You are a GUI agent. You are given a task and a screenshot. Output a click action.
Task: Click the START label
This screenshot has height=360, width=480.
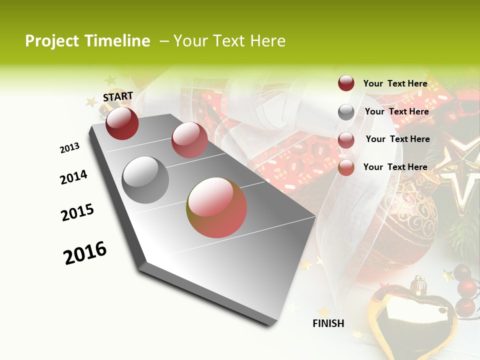(x=118, y=96)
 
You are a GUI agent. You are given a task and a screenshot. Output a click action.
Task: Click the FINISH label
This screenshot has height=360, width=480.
(x=328, y=323)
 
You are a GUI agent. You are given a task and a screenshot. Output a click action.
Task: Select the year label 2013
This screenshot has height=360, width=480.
(x=69, y=148)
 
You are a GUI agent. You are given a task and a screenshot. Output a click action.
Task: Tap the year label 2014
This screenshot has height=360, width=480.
(x=73, y=177)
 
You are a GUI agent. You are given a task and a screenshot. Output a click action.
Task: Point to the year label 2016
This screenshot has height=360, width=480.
(x=85, y=253)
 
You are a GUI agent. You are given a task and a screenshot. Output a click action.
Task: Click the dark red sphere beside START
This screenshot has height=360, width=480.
(x=122, y=123)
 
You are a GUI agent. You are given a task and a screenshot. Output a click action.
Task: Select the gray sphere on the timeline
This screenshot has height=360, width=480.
(x=145, y=179)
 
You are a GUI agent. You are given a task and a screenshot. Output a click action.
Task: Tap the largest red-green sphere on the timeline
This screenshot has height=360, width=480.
(x=216, y=207)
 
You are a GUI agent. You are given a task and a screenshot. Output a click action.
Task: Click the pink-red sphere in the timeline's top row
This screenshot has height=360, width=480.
(x=189, y=140)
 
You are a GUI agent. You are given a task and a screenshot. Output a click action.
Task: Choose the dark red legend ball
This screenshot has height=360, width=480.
(x=346, y=83)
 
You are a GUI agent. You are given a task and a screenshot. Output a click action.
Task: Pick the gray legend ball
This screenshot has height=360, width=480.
(x=346, y=112)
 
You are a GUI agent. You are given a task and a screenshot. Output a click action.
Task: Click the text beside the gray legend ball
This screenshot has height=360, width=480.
(x=396, y=111)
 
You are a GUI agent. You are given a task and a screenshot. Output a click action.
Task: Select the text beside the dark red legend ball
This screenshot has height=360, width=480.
(x=395, y=83)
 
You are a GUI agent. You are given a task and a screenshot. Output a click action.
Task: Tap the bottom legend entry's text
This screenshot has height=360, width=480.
(x=395, y=167)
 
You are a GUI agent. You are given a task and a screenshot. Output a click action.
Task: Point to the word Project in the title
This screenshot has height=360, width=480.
(x=51, y=41)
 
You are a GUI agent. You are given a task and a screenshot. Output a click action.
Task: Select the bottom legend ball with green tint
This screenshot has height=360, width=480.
(x=346, y=168)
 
